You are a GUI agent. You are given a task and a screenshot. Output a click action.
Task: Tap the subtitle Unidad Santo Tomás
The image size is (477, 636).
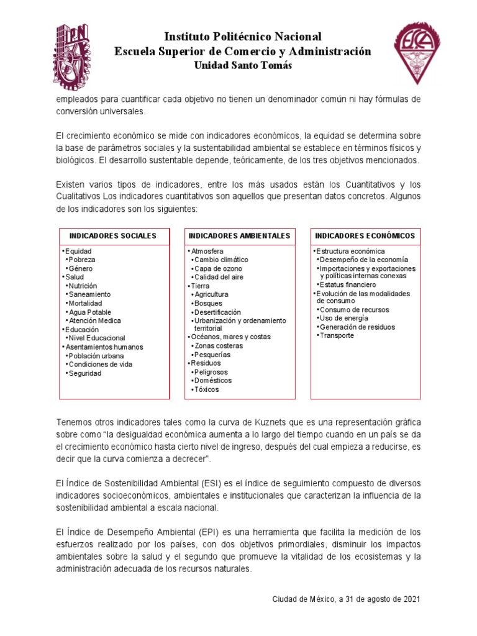(x=243, y=66)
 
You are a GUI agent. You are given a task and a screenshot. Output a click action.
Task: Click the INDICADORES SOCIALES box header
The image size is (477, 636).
(x=113, y=236)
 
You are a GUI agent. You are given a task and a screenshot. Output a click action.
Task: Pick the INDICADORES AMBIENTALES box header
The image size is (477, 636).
(x=239, y=236)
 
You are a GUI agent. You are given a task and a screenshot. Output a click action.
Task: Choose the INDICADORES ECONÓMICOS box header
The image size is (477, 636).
(x=365, y=236)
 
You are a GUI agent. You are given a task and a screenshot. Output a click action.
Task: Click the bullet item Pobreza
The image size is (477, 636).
(x=82, y=260)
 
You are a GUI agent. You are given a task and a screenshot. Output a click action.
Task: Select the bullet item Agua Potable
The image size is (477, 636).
(x=91, y=312)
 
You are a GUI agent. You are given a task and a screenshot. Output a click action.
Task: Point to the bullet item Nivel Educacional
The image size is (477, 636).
(x=97, y=338)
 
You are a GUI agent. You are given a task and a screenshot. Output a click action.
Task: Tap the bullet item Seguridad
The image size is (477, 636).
(x=85, y=373)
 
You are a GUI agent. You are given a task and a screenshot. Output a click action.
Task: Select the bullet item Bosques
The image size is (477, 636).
(x=208, y=303)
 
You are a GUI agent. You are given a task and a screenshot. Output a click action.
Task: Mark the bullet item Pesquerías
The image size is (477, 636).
(x=212, y=354)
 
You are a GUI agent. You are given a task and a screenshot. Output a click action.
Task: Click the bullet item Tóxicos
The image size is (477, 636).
(x=206, y=389)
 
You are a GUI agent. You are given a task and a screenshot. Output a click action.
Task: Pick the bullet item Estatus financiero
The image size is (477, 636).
(x=348, y=284)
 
